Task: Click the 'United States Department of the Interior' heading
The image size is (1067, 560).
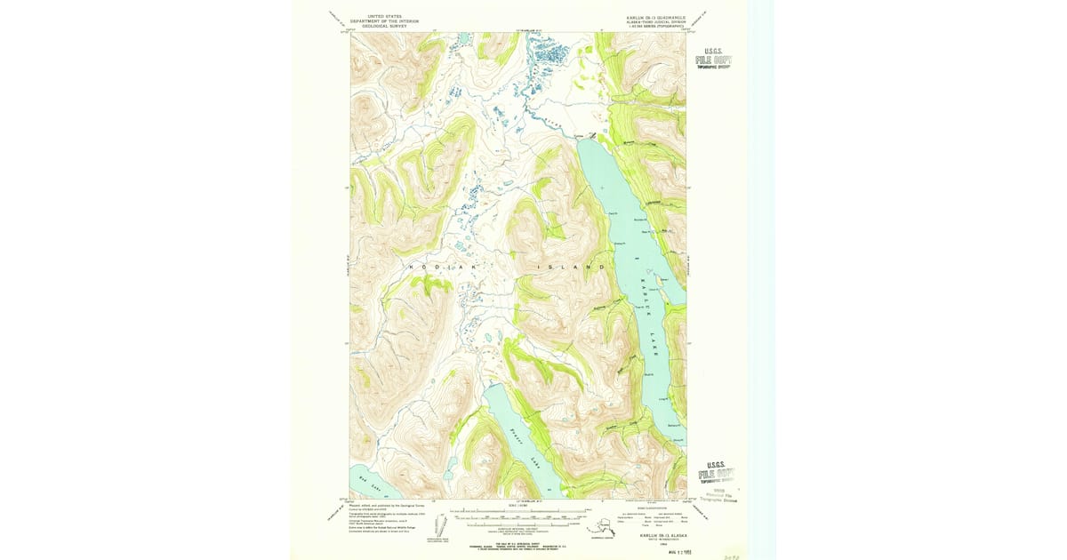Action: pyautogui.click(x=379, y=21)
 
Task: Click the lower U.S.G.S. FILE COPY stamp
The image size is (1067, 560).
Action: pyautogui.click(x=716, y=470)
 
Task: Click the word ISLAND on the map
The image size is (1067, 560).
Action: pyautogui.click(x=572, y=267)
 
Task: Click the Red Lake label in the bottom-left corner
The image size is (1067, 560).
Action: pyautogui.click(x=367, y=482)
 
